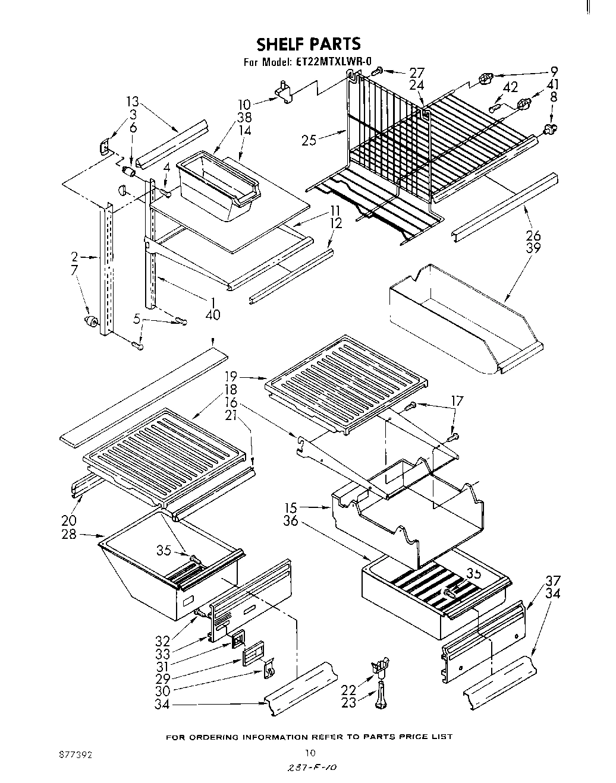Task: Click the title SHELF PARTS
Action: coord(308,44)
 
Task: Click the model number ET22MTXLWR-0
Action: coord(334,61)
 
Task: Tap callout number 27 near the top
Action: coord(417,73)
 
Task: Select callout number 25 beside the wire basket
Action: coord(309,140)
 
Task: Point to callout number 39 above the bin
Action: coord(533,248)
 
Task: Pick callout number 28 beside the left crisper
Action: coord(69,534)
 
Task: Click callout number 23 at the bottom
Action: coord(349,702)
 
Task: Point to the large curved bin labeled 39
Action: coord(464,324)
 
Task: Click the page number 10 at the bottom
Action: coord(309,752)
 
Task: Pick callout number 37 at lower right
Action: coord(552,581)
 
